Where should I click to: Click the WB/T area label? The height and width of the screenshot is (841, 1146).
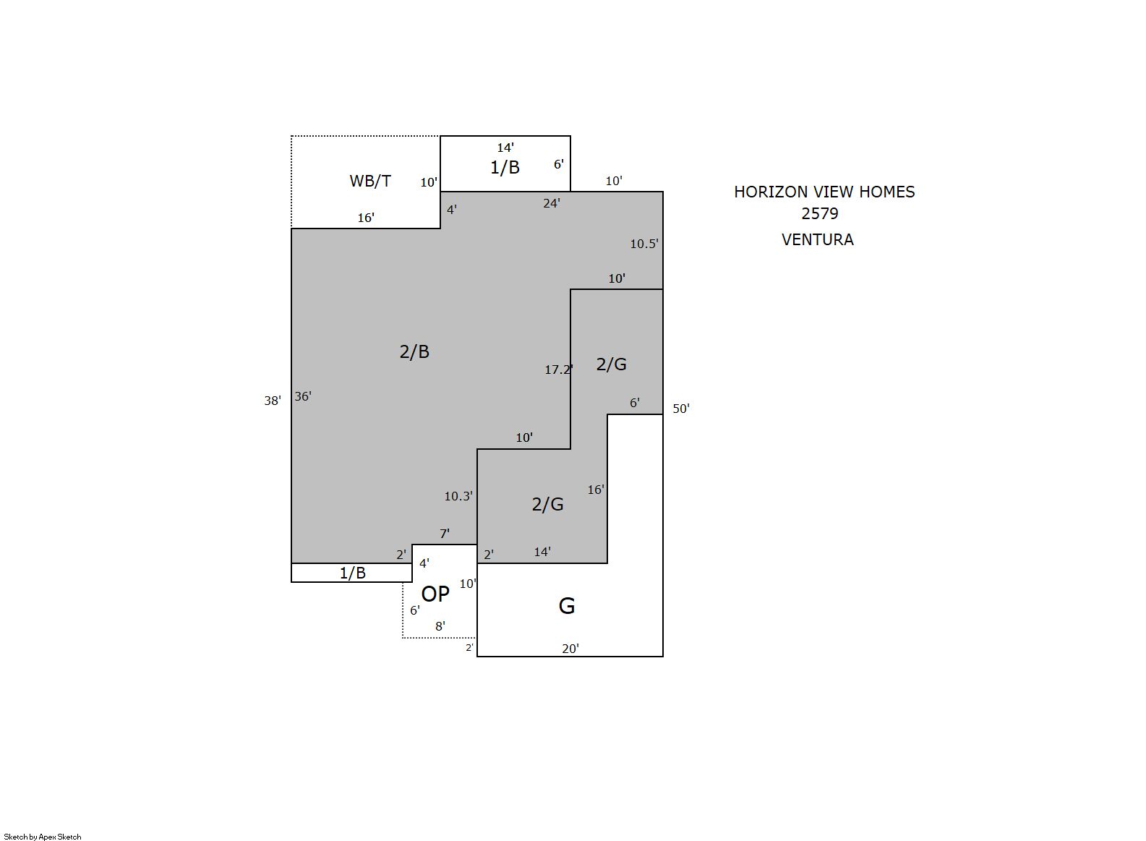coord(370,181)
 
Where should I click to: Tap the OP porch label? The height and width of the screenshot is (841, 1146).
coord(435,594)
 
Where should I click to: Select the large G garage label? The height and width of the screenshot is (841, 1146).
coord(566,606)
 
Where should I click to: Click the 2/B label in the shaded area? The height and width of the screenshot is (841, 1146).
coord(414,352)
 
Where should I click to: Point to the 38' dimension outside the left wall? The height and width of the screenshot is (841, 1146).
coord(272,401)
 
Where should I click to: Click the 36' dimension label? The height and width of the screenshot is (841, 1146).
coord(303,396)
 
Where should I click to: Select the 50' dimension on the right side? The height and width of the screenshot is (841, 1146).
coord(681,409)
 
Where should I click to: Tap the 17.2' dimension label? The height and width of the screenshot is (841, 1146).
coord(558,370)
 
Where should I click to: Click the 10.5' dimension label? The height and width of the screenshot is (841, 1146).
coord(644,244)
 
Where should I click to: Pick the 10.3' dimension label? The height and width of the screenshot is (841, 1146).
coord(458,496)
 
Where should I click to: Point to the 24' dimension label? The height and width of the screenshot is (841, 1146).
coord(552,204)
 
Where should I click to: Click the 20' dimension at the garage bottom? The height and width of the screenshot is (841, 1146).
coord(570,649)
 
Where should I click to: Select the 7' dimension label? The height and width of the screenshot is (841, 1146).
coord(445,534)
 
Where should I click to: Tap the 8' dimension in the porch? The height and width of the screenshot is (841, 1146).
coord(440,626)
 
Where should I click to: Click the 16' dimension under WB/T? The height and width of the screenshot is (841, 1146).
coord(366,218)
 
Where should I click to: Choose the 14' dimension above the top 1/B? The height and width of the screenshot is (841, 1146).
coord(505,148)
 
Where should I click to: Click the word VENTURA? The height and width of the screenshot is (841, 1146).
coord(818,240)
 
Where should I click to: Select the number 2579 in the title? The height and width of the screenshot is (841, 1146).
coord(820,214)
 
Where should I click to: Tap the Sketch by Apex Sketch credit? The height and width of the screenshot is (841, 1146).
coord(43,837)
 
